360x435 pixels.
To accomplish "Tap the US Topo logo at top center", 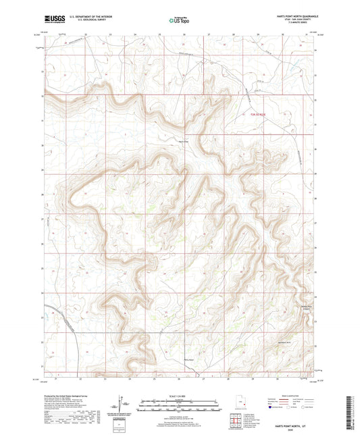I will [180, 20].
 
